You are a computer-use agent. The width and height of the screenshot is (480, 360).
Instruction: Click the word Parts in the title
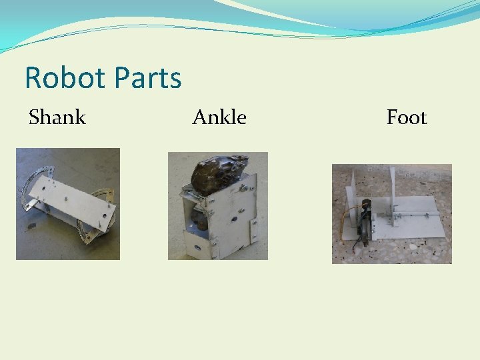pos(147,78)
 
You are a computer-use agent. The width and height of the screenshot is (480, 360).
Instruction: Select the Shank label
pos(57,117)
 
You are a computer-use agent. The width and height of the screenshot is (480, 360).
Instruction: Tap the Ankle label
pos(219,117)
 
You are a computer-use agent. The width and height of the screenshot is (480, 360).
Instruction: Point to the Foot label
pos(407,117)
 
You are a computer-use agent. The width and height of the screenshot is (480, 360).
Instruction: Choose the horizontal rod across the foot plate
pos(413,214)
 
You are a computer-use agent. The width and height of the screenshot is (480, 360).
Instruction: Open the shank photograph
pos(68,203)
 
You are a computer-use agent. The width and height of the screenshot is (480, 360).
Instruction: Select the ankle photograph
pos(217,205)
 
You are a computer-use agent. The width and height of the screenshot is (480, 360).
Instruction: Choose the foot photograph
pos(391,213)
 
